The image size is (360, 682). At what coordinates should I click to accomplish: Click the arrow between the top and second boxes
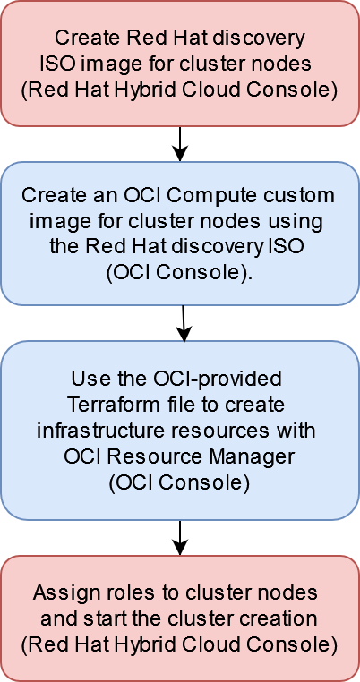pyautogui.click(x=180, y=143)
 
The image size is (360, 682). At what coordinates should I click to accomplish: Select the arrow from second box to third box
pyautogui.click(x=183, y=322)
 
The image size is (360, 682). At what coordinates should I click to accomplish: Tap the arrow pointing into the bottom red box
pyautogui.click(x=180, y=537)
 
